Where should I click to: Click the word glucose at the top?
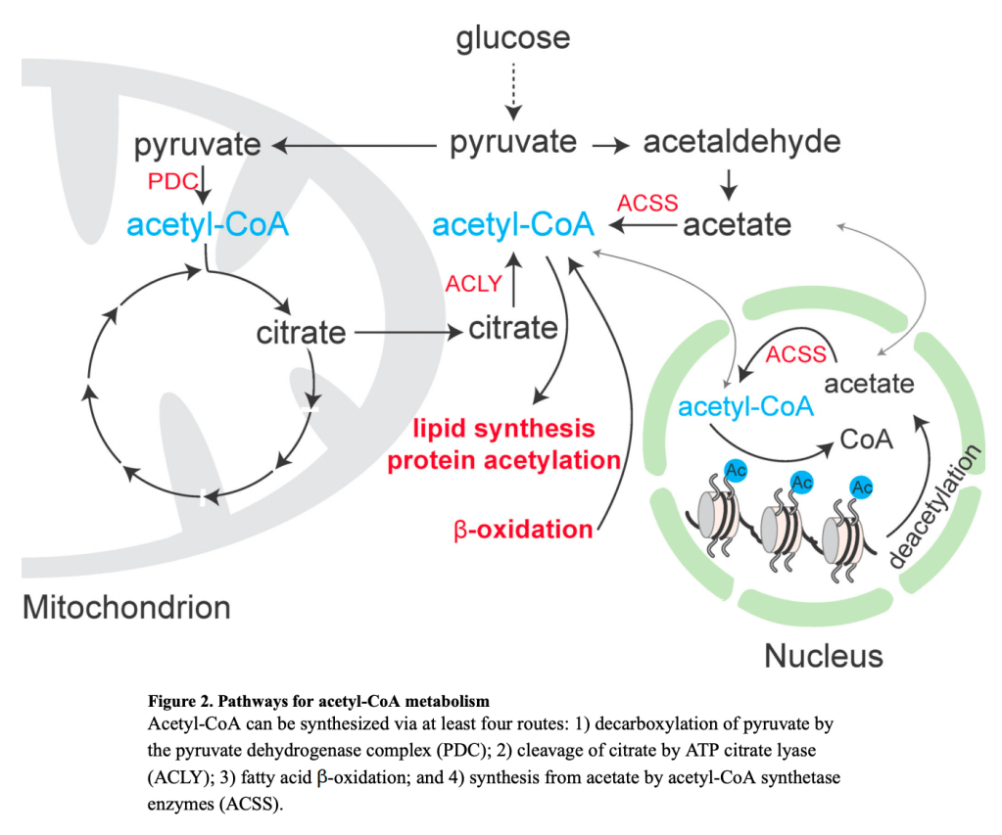(x=513, y=38)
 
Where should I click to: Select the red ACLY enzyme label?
(x=473, y=284)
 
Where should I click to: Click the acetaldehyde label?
(x=741, y=142)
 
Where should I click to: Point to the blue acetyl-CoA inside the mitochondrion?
(x=208, y=225)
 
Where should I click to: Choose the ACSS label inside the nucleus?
(x=796, y=354)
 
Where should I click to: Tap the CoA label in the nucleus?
(x=866, y=440)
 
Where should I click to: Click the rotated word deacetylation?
(x=935, y=506)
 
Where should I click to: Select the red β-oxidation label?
(x=522, y=530)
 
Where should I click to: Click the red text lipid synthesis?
(x=503, y=429)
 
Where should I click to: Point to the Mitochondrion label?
(x=126, y=607)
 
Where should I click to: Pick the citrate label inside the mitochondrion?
(x=301, y=333)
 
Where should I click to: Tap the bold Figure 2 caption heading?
(x=318, y=702)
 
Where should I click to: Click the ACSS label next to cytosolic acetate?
(x=646, y=203)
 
